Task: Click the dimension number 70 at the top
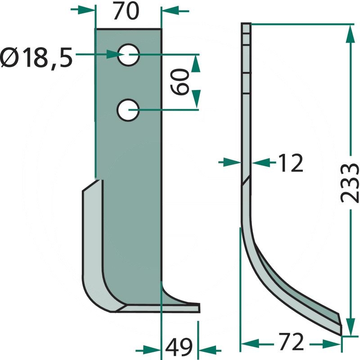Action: pos(126,12)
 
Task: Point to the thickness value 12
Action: pos(290,163)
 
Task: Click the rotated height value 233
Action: pos(349,182)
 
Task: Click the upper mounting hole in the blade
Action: pos(129,55)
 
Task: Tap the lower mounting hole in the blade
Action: pos(129,110)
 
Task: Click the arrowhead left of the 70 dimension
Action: pos(90,9)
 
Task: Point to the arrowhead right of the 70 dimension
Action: pos(167,9)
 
